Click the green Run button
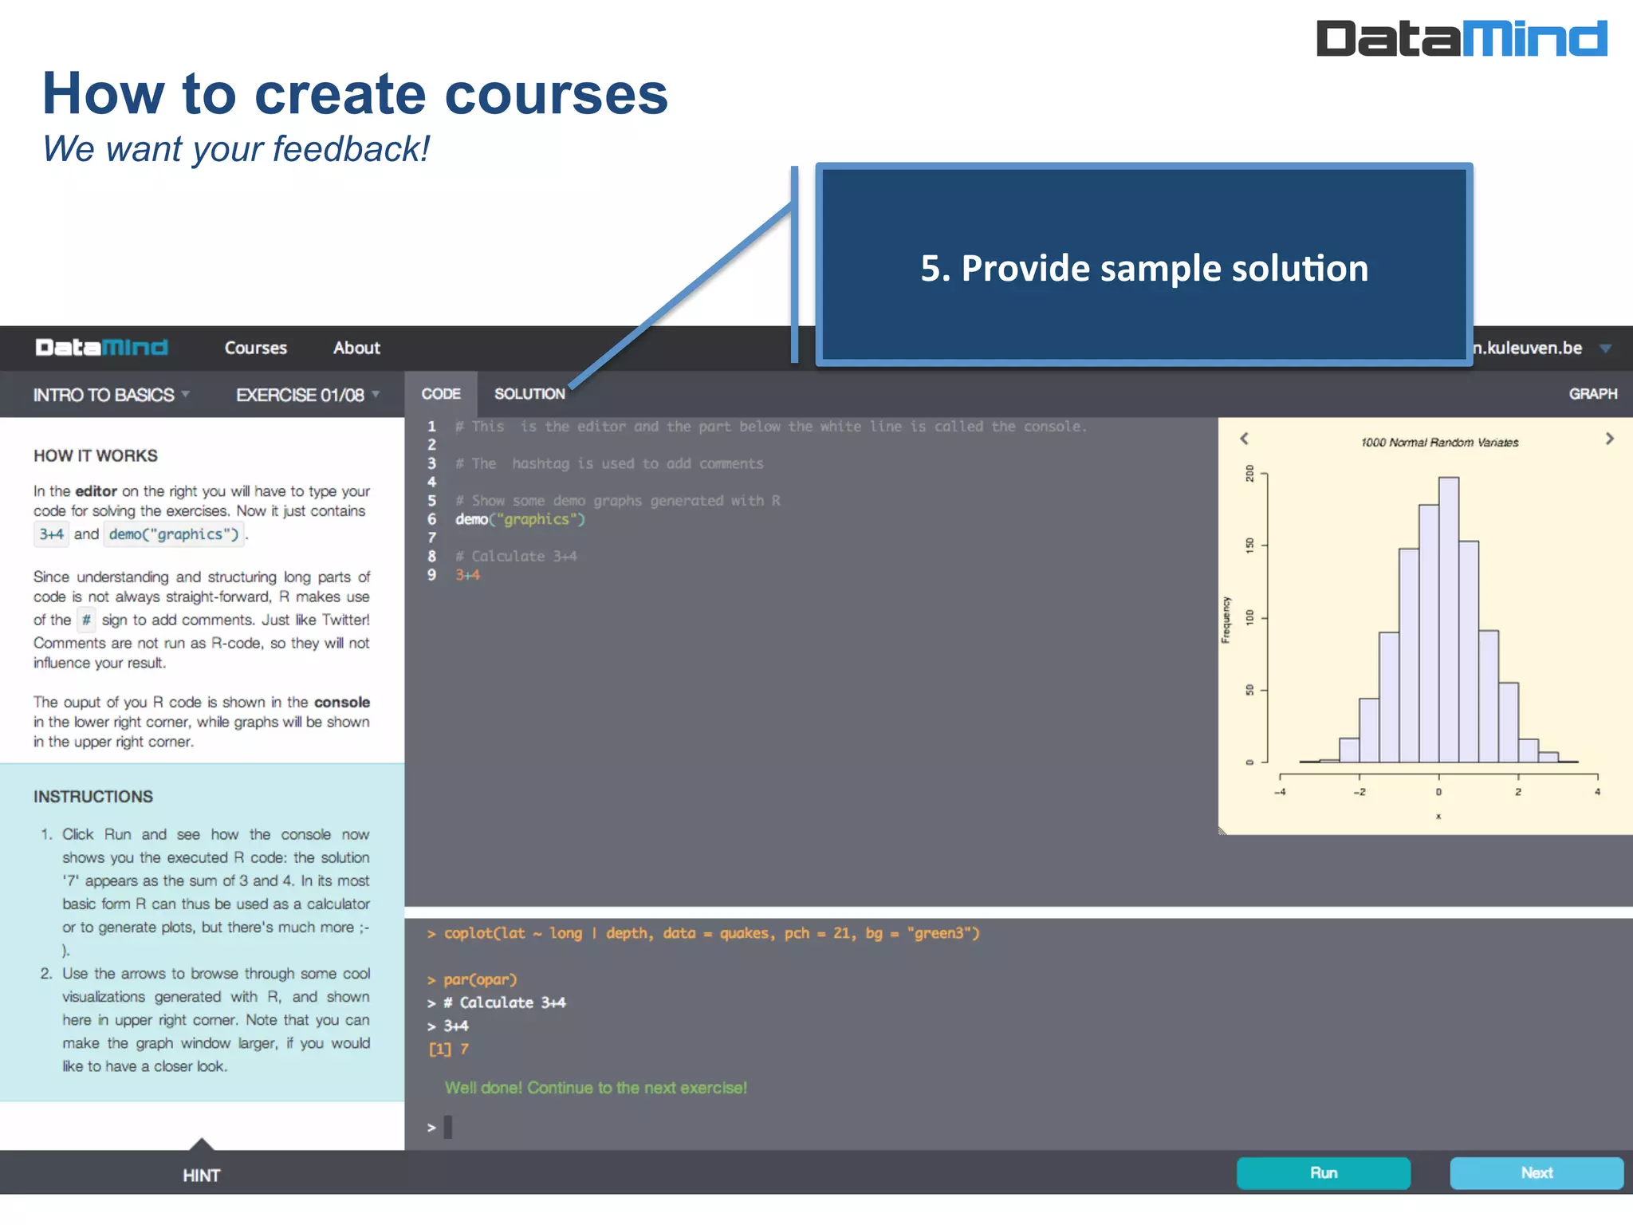point(1323,1173)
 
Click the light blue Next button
point(1536,1173)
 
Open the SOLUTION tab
point(529,394)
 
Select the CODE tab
point(441,394)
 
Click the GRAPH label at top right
point(1592,394)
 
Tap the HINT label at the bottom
point(201,1176)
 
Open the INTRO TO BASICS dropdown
point(111,395)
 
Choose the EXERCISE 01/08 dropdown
point(307,395)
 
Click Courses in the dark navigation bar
point(255,348)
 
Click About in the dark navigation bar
point(356,348)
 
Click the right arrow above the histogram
point(1609,439)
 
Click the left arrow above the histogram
point(1244,439)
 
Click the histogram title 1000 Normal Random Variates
point(1439,443)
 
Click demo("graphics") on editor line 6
point(520,519)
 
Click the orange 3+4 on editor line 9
point(467,575)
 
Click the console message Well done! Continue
point(596,1088)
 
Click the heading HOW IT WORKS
point(96,455)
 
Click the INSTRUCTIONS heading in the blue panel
point(93,797)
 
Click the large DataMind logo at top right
point(1461,38)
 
